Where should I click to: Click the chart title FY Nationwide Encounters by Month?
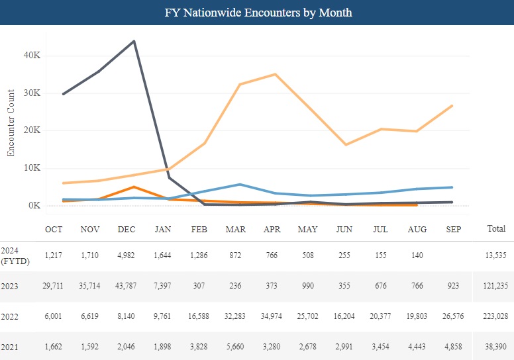point(257,13)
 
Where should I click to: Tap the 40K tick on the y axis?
point(31,56)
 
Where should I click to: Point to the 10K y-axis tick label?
point(31,168)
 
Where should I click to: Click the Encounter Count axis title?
point(11,130)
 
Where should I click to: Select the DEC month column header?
point(127,229)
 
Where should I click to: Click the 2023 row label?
point(10,287)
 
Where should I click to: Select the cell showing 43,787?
point(127,287)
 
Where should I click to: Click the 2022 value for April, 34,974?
point(272,317)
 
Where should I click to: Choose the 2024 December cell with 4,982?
point(127,256)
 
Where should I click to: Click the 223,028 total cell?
point(495,317)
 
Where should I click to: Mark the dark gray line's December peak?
point(134,41)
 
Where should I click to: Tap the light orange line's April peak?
point(276,74)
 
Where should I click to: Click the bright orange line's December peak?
point(134,187)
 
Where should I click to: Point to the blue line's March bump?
point(240,184)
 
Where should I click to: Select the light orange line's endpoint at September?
point(452,106)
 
